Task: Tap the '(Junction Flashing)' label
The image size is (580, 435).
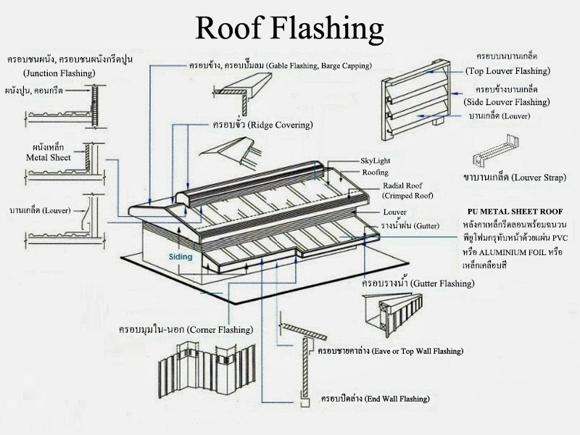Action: [x=59, y=73]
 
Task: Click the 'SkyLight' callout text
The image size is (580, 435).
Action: [x=375, y=161]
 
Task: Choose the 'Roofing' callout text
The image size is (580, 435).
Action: [x=375, y=173]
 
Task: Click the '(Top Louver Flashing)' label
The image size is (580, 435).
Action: [x=507, y=70]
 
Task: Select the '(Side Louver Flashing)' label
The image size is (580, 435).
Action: [x=507, y=102]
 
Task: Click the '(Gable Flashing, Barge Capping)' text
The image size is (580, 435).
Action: [x=318, y=66]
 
